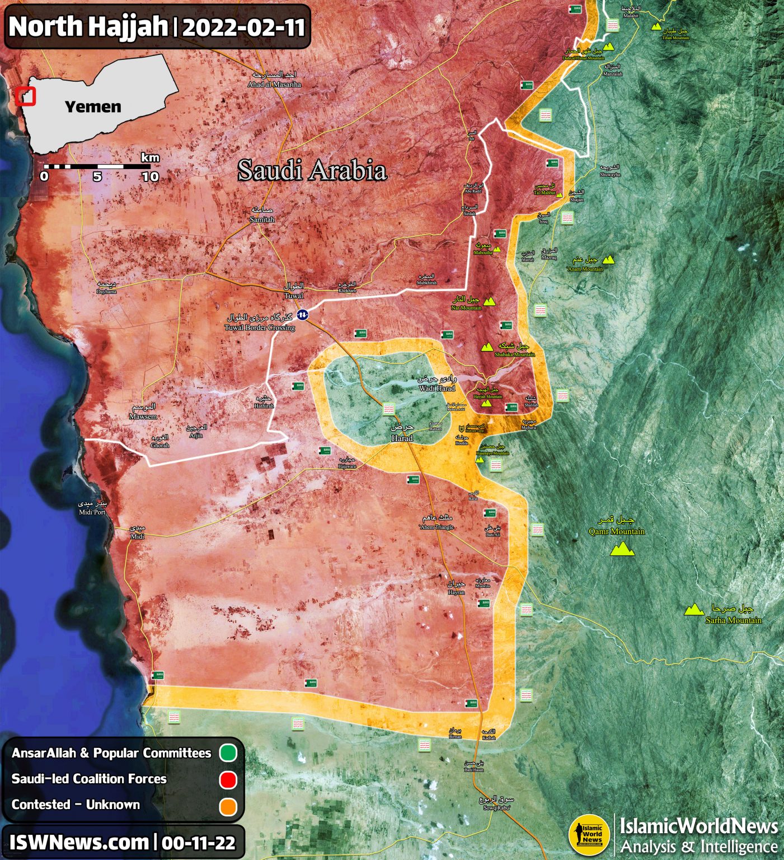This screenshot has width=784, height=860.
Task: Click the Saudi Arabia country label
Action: click(x=312, y=170)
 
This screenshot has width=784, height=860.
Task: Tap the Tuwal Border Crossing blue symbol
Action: click(x=302, y=315)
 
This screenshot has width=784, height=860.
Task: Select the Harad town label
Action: click(x=402, y=433)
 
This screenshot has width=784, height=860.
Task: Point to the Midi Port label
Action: click(x=92, y=508)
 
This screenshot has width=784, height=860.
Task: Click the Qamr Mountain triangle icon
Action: click(x=622, y=550)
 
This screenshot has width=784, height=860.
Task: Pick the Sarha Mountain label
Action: click(x=733, y=614)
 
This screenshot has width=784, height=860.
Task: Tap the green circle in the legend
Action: click(x=228, y=753)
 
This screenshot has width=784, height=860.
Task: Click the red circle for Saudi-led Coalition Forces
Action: click(x=228, y=779)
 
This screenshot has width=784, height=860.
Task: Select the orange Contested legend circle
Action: click(x=228, y=806)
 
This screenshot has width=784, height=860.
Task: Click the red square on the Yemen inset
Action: click(x=26, y=96)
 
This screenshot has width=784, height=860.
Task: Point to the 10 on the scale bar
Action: click(x=150, y=177)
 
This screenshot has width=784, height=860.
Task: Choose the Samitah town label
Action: click(x=262, y=215)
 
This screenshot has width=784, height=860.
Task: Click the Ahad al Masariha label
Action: click(x=274, y=80)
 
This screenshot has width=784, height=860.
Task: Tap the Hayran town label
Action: click(x=456, y=588)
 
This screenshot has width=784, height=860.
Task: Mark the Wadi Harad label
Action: click(x=437, y=384)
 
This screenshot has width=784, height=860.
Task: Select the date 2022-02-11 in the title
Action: click(x=243, y=27)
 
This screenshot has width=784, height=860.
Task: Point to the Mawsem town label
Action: click(x=143, y=412)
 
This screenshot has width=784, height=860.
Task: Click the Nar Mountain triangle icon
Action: click(x=490, y=302)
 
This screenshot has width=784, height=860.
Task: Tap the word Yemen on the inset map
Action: click(x=93, y=106)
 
